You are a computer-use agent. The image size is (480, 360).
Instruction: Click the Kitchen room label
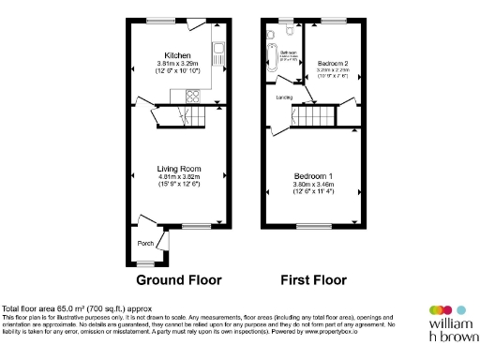[178, 54]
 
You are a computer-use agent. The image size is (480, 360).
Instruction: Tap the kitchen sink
[217, 53]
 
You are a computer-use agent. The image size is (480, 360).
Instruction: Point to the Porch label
[145, 243]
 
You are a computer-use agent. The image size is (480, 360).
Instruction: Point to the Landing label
[283, 97]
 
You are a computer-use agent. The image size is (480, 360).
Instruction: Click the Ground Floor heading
[179, 279]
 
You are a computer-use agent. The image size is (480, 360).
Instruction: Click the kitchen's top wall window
[159, 21]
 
